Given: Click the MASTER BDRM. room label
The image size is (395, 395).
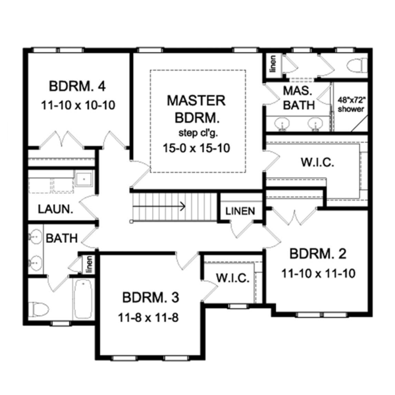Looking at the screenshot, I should pos(196,109).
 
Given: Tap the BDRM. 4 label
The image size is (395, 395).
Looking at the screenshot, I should pos(78,87).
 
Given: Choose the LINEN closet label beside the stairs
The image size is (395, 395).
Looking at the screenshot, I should pos(240,211).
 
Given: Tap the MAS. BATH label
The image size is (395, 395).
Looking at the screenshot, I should pos(298,96).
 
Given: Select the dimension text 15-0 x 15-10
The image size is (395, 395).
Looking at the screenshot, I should pos(197,149).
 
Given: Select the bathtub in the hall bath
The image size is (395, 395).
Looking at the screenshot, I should pos(83,299).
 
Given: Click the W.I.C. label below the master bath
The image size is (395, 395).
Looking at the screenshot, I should pos(317,162).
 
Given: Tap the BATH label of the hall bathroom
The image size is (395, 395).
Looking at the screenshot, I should pos(62,238).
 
